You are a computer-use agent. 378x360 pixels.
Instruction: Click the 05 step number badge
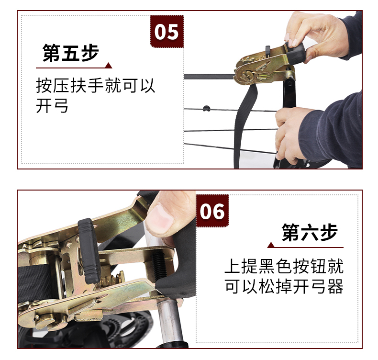tap(167, 31)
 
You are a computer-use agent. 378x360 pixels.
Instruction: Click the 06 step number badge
tap(212, 211)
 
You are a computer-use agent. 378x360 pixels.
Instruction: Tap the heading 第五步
tap(71, 53)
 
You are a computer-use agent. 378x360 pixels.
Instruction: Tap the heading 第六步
tap(310, 232)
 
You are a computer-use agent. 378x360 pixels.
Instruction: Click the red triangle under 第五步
tap(109, 65)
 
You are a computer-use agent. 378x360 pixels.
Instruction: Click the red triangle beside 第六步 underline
tap(271, 245)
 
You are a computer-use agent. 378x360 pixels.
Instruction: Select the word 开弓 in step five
tap(52, 106)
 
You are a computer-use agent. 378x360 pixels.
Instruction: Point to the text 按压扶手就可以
tap(96, 85)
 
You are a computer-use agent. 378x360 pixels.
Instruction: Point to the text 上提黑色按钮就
tap(284, 266)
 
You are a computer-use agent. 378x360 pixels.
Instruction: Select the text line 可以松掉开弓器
tap(284, 286)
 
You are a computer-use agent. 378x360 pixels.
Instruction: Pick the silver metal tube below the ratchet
tap(169, 321)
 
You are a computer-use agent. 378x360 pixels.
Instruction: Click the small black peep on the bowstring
tap(206, 108)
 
